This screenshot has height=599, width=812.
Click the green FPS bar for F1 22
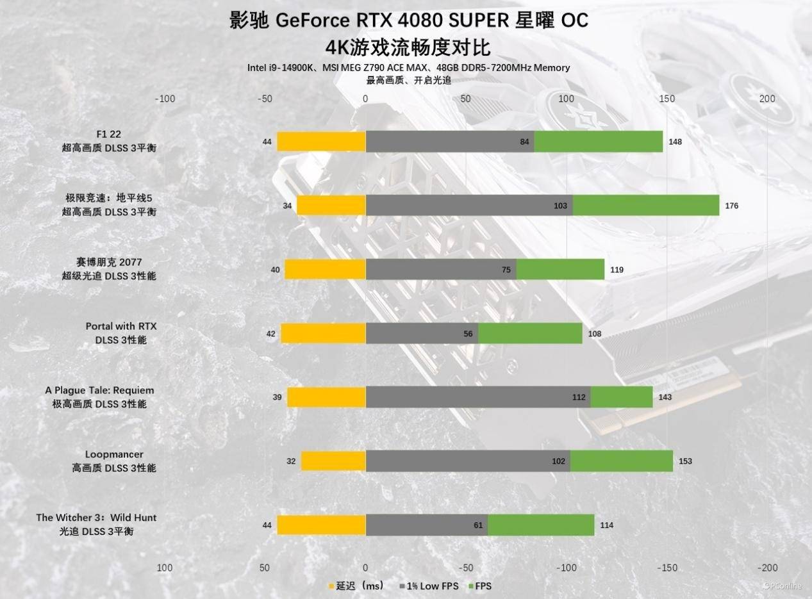[x=598, y=142]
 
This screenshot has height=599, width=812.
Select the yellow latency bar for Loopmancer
[x=333, y=461]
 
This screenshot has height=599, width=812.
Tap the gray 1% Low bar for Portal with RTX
[x=422, y=333]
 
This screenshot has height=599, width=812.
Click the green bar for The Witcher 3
[x=540, y=525]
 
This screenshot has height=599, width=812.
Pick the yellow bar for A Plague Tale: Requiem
[x=326, y=397]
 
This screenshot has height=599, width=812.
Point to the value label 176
[x=731, y=206]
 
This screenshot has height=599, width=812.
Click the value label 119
[x=617, y=270]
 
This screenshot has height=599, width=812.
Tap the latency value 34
[x=287, y=206]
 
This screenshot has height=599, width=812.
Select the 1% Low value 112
[x=579, y=397]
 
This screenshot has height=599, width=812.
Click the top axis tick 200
[x=767, y=99]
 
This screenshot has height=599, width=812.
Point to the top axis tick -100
[x=165, y=99]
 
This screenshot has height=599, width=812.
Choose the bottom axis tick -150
[x=667, y=568]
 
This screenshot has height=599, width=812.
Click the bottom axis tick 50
[x=263, y=568]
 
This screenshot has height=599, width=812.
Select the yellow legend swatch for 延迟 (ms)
[x=331, y=586]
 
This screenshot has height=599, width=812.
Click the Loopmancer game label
[x=114, y=454]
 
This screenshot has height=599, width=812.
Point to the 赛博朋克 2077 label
[x=108, y=262]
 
